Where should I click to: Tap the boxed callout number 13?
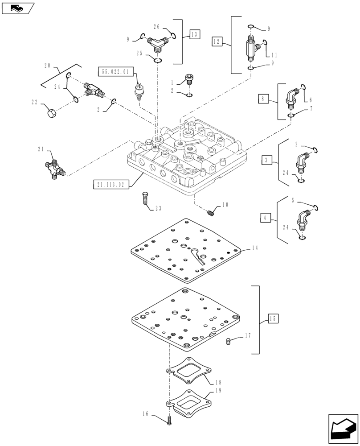pyautogui.click(x=194, y=34)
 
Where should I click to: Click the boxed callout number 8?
pyautogui.click(x=263, y=99)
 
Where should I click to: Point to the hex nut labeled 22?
pyautogui.click(x=51, y=111)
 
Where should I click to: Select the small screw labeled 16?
pyautogui.click(x=170, y=420)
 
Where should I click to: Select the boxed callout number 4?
pyautogui.click(x=265, y=218)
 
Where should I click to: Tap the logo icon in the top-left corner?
pyautogui.click(x=18, y=8)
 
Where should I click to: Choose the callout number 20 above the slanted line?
pyautogui.click(x=48, y=66)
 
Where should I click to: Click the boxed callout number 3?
pyautogui.click(x=265, y=160)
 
